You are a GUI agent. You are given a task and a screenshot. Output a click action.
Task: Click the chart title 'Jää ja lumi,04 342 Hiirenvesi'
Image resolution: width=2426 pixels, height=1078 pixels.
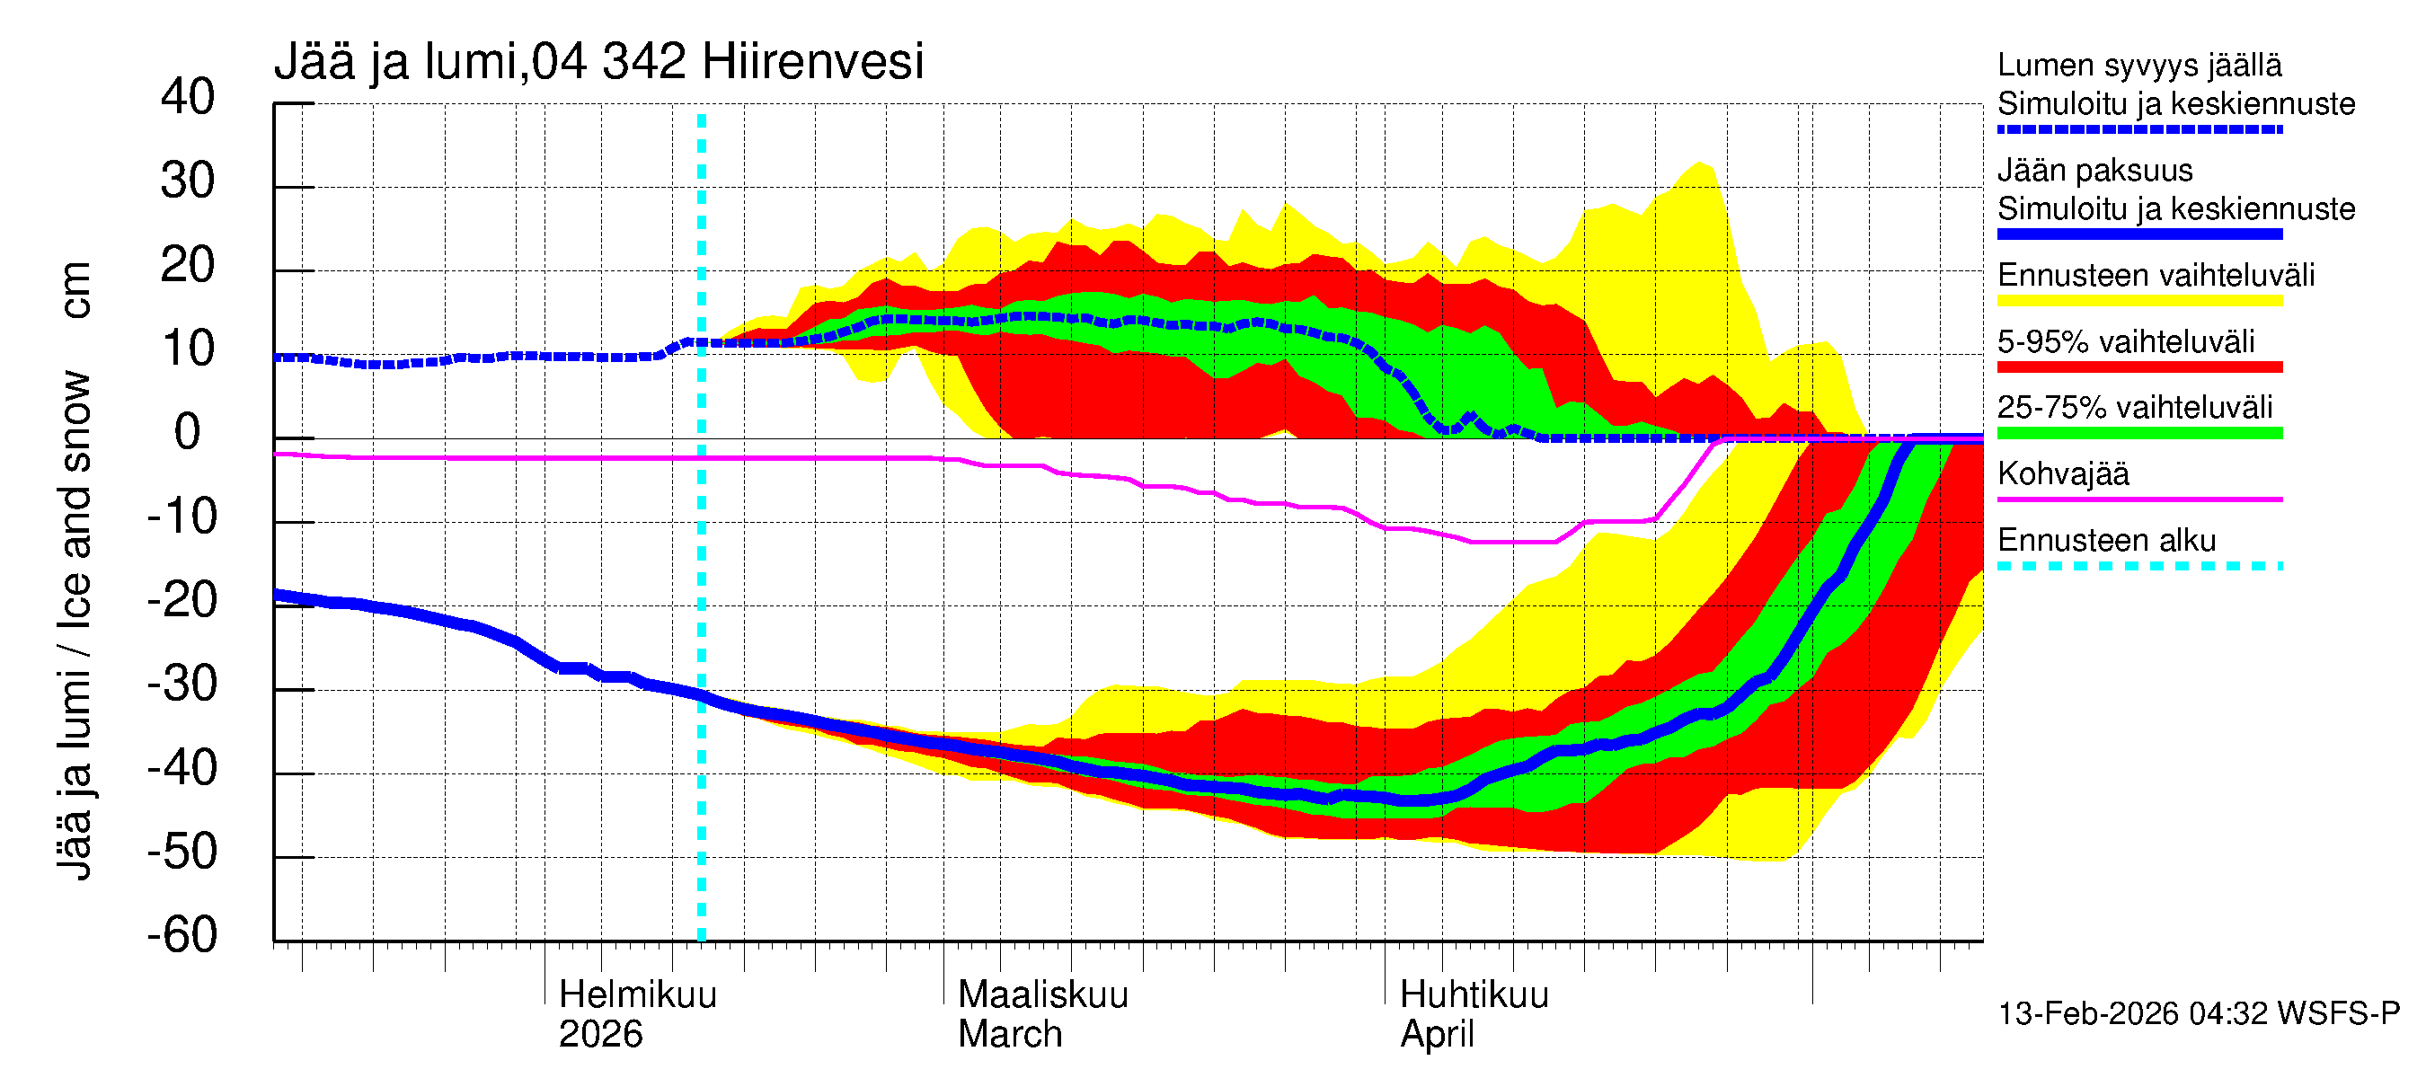[599, 62]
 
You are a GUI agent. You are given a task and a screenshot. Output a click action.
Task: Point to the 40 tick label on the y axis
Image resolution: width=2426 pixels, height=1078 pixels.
[188, 98]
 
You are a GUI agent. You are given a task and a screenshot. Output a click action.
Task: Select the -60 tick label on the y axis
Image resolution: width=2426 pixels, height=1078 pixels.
[182, 936]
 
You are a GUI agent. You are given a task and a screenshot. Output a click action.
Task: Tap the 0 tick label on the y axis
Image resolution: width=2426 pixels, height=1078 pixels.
[188, 433]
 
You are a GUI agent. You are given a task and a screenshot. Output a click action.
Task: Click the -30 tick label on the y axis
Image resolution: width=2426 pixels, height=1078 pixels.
[182, 685]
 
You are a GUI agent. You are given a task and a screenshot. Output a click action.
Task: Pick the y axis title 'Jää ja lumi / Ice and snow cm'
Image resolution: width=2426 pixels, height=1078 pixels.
[75, 570]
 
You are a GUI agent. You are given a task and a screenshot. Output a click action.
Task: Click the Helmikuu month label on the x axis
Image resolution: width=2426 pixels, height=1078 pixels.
[638, 995]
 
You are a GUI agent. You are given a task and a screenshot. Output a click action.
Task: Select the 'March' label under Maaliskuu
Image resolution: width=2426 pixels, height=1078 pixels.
[1010, 1035]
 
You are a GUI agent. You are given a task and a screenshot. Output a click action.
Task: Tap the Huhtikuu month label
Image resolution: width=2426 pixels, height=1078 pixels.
[1474, 995]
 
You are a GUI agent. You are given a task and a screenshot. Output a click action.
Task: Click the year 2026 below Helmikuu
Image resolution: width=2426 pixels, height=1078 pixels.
[600, 1035]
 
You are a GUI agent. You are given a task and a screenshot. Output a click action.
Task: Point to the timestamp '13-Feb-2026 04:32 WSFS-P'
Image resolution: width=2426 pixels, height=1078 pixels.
[2198, 1014]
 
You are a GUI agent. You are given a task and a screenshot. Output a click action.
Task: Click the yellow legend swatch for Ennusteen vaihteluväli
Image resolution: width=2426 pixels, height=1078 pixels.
[2138, 301]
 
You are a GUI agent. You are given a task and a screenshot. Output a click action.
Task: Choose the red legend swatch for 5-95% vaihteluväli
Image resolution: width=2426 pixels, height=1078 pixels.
[2138, 367]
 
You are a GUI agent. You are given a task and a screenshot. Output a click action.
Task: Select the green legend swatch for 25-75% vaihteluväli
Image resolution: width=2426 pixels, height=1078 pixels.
[2138, 433]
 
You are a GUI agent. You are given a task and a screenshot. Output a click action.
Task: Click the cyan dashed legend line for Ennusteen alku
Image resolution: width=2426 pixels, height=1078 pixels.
[2138, 566]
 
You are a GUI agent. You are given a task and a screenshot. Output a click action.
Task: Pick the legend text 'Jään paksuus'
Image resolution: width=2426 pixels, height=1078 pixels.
[2094, 171]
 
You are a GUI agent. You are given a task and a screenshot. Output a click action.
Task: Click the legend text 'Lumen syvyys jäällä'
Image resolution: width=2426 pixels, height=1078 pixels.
[2138, 66]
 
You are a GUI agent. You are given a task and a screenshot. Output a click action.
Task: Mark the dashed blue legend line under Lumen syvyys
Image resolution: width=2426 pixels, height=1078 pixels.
[2138, 130]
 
